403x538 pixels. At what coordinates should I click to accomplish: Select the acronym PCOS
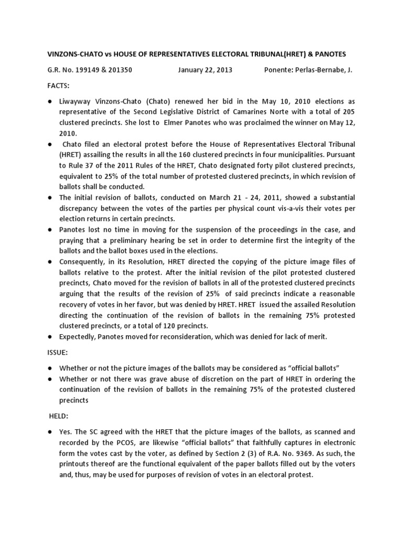120,443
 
